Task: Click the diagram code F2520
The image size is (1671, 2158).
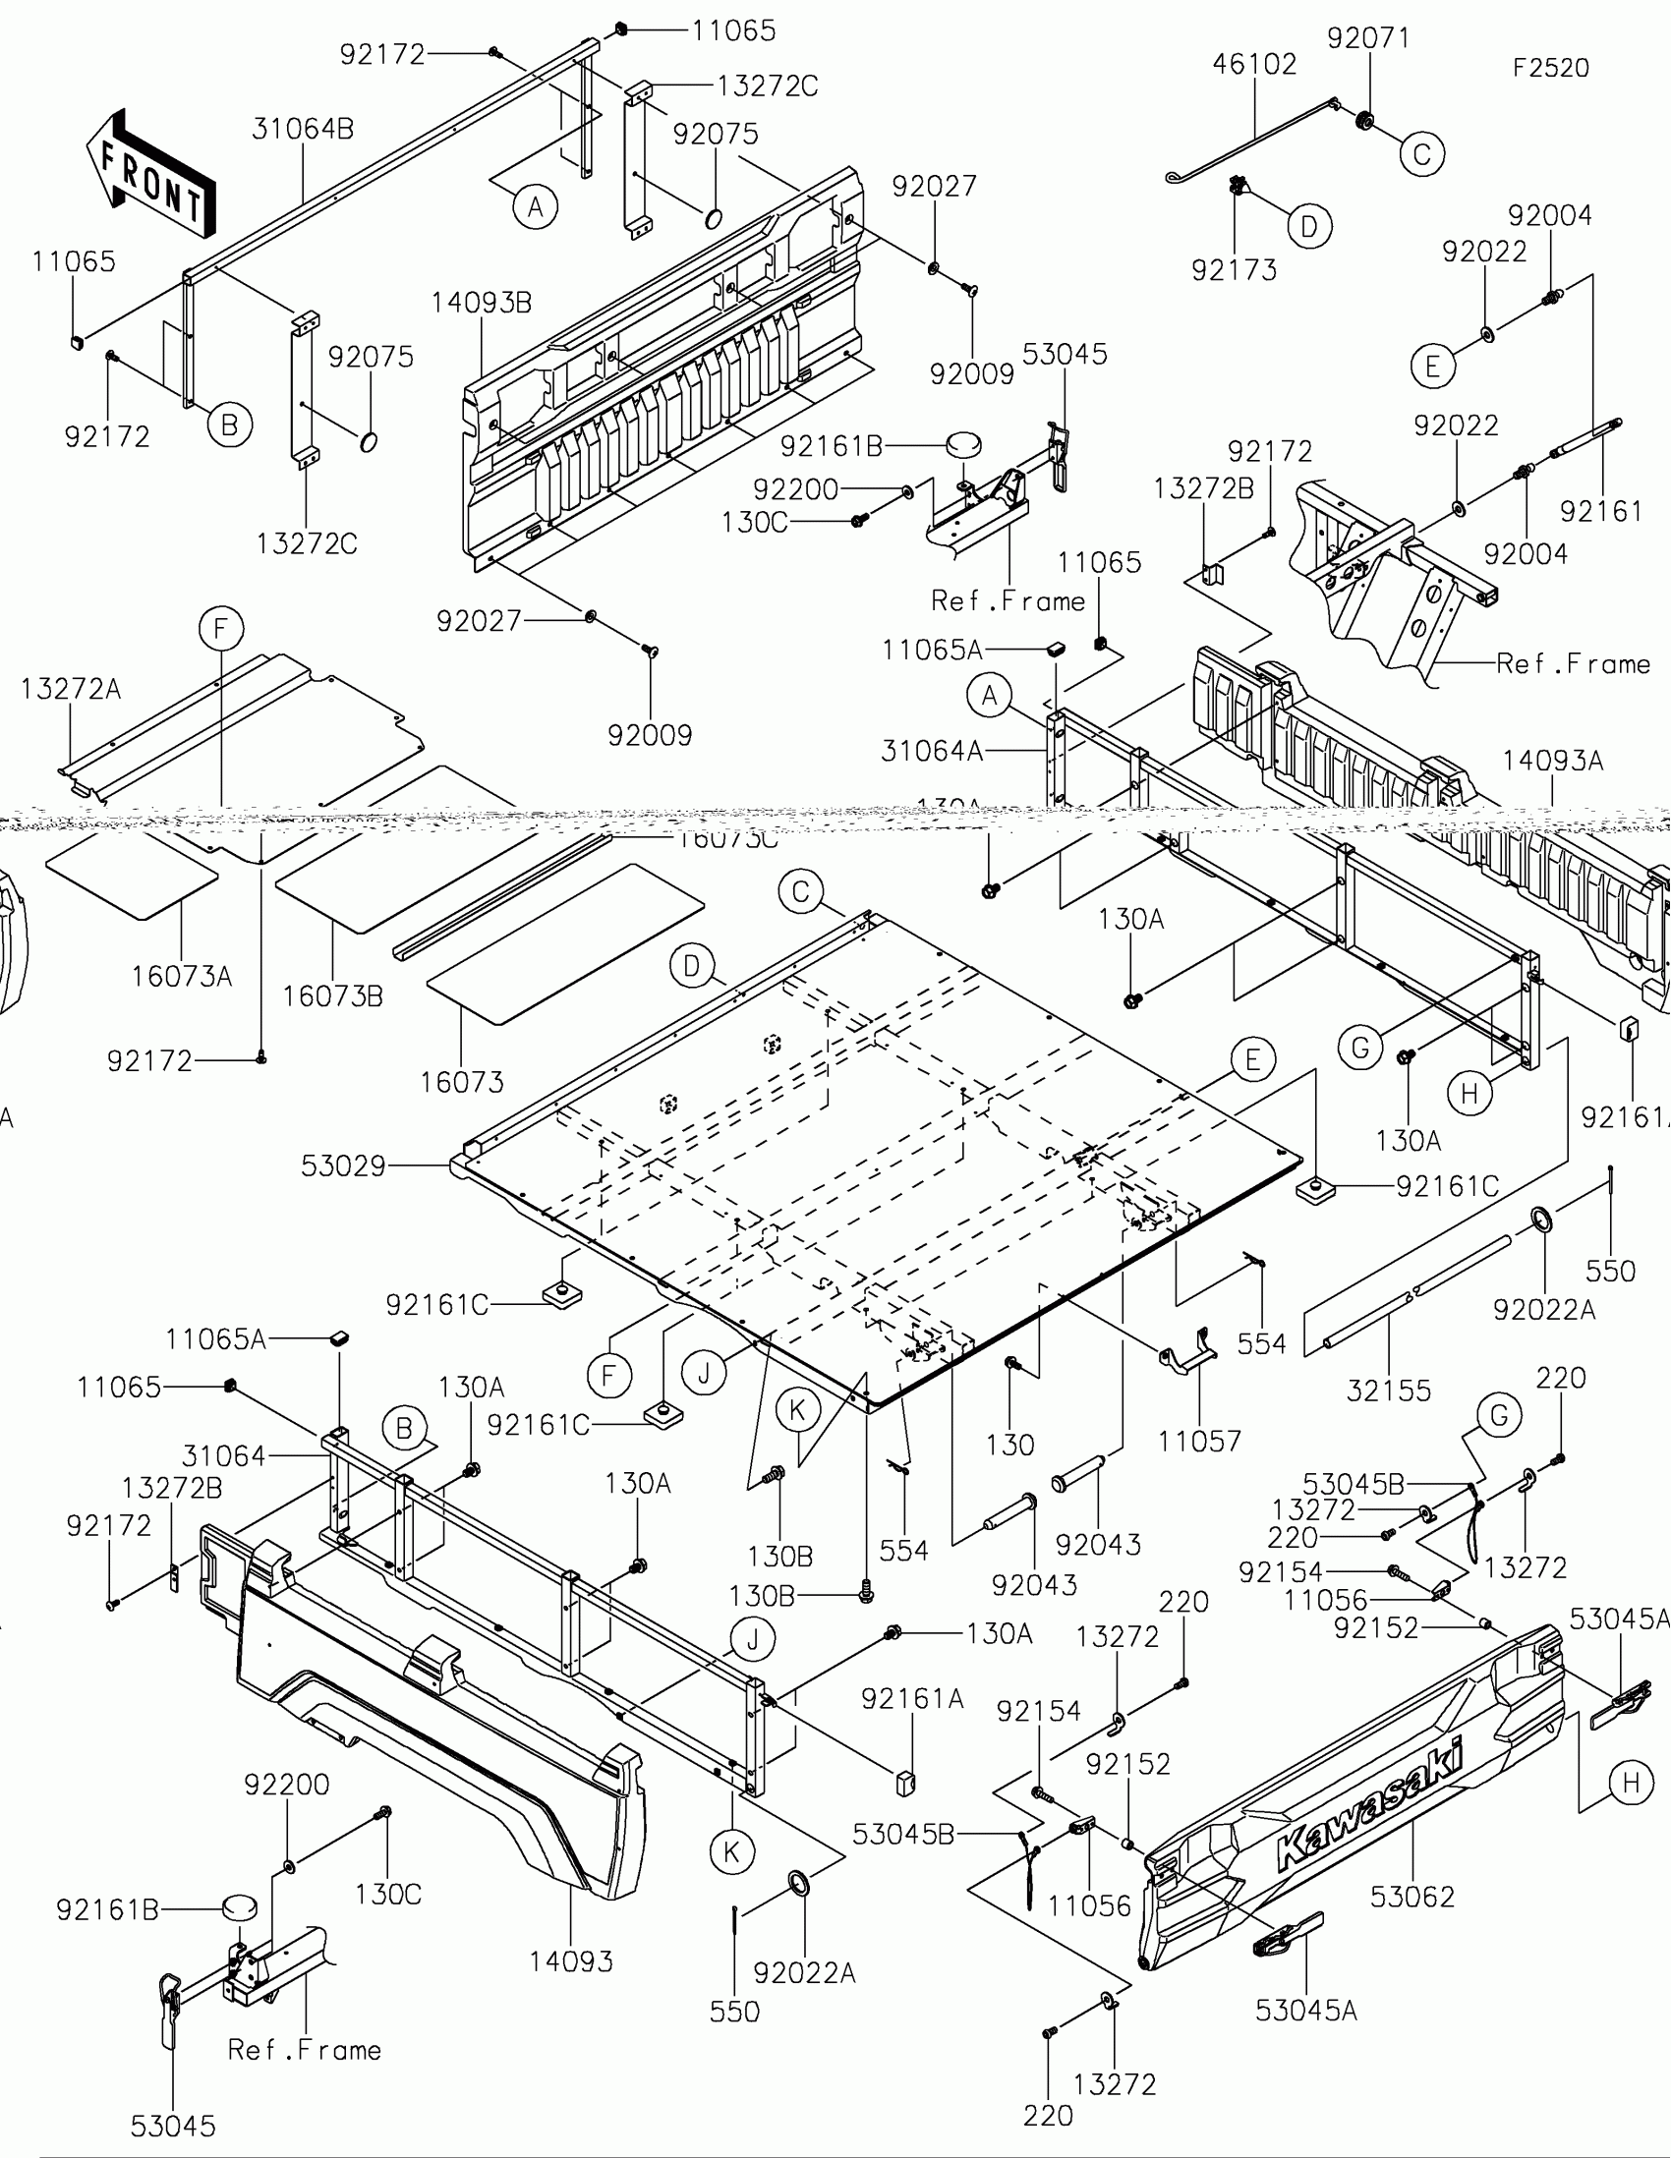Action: pos(1550,68)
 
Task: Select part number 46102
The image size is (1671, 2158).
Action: pos(1254,64)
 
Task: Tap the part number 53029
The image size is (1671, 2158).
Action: pos(343,1165)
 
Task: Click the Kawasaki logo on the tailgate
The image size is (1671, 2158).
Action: pos(1369,1807)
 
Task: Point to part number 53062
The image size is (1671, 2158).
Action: pos(1412,1897)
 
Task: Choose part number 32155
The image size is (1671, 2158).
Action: pos(1388,1391)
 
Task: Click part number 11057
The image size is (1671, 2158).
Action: pos(1198,1442)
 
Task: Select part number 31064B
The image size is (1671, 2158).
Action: pos(303,130)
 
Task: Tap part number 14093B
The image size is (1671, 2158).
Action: pos(482,303)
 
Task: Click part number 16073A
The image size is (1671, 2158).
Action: pos(182,976)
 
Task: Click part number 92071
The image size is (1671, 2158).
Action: pos(1367,37)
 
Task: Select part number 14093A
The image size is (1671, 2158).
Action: pos(1552,761)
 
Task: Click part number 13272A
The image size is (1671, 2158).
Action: pos(70,689)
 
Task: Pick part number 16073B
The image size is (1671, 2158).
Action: pos(332,996)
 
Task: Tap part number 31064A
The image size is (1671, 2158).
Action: pos(932,752)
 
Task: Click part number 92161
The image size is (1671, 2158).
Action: pos(1601,511)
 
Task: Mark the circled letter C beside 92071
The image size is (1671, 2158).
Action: pos(1422,154)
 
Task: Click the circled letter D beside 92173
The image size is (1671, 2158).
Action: pos(1309,227)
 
